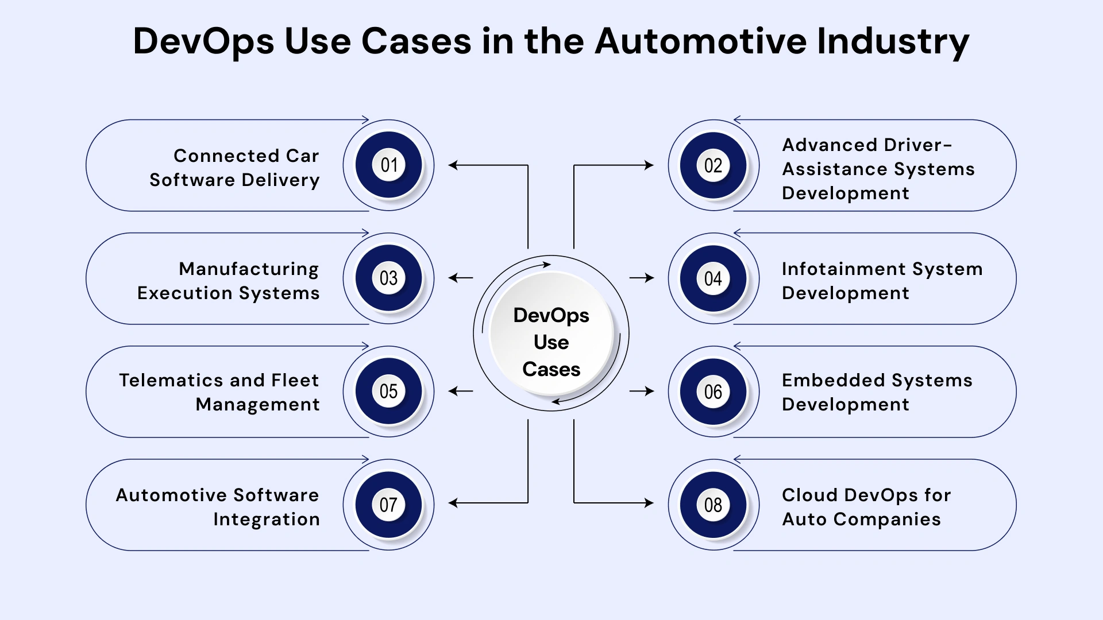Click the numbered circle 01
point(389,165)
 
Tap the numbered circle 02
point(713,165)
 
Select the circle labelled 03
point(389,278)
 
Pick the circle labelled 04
point(713,278)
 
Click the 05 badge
point(389,392)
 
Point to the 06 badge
point(713,392)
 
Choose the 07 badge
point(389,505)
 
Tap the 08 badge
point(713,505)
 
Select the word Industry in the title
point(893,41)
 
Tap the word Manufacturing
point(249,269)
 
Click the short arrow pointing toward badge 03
point(460,278)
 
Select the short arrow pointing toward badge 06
point(642,391)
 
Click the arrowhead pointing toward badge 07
point(453,503)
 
